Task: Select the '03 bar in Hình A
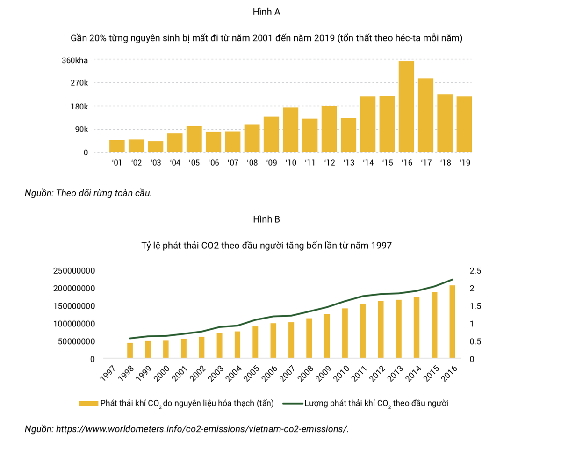156,146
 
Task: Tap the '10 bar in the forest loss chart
290,130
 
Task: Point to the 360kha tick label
75,60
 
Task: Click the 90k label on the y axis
79,129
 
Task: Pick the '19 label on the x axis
464,163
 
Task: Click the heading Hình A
266,13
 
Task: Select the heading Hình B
266,219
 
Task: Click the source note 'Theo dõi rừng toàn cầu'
88,194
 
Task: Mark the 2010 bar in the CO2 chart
345,333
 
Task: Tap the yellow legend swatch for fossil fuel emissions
88,403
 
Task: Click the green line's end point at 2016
452,280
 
